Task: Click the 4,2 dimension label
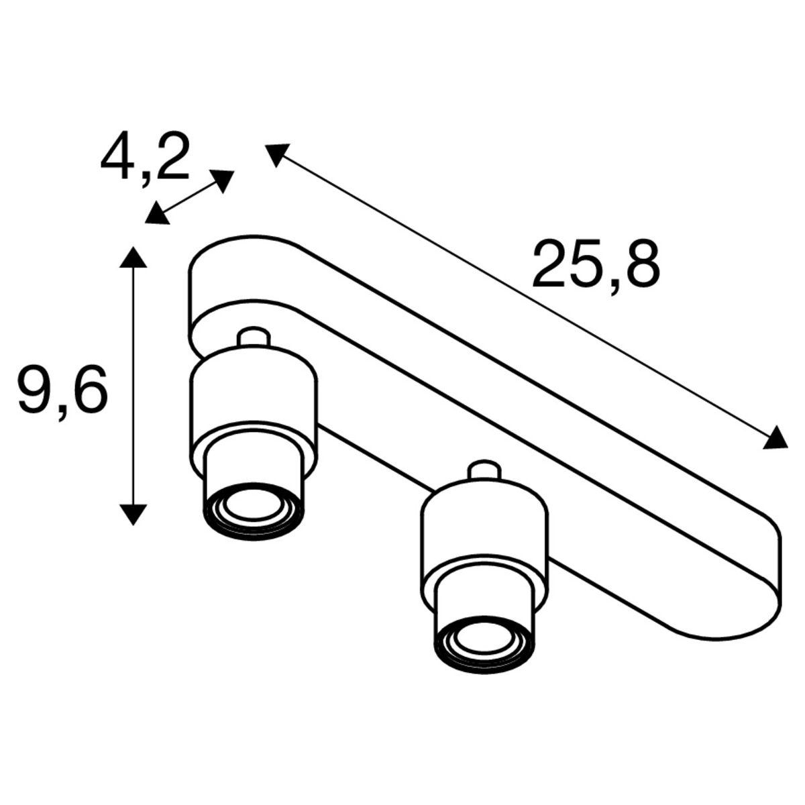145,158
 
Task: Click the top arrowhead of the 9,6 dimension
133,257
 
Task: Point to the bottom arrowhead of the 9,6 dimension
133,515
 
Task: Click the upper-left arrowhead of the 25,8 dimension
276,154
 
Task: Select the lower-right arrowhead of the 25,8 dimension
775,439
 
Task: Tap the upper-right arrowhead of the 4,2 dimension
222,180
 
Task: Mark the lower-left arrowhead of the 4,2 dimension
157,214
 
